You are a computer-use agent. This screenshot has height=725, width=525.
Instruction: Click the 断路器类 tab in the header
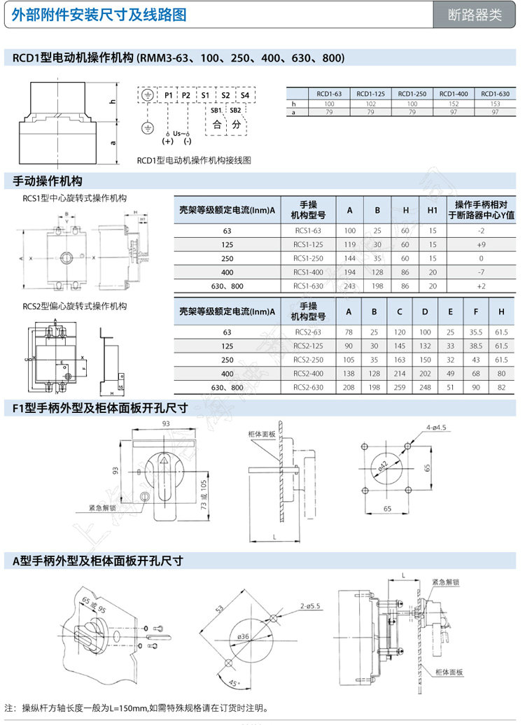(x=476, y=15)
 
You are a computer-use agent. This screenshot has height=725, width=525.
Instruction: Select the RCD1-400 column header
(x=453, y=94)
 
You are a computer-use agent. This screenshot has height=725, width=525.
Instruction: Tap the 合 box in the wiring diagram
(x=217, y=125)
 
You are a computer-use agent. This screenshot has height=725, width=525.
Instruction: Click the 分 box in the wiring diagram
(x=237, y=125)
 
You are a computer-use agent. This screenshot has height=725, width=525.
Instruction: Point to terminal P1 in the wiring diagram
(x=169, y=94)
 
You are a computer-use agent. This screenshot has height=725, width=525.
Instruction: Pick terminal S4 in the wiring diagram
(x=244, y=94)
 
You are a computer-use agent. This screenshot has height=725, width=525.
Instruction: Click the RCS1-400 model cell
(x=308, y=272)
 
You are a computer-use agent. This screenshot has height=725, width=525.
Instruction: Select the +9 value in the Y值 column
(x=480, y=244)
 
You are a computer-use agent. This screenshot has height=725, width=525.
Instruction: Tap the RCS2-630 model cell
(x=308, y=387)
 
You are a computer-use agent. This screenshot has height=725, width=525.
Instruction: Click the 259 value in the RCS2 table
(x=399, y=387)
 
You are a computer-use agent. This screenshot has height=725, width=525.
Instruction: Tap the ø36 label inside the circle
(x=244, y=636)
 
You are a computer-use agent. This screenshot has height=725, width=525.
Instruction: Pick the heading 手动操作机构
(x=48, y=181)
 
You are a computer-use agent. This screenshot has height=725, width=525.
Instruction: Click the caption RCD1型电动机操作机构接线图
(x=194, y=160)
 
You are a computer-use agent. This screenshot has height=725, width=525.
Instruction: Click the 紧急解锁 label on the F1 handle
(x=102, y=507)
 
